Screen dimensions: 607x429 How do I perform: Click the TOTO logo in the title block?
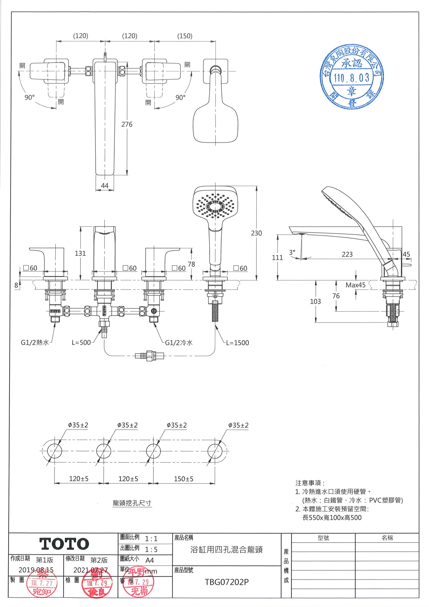point(64,544)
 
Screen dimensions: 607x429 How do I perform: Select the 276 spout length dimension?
point(127,124)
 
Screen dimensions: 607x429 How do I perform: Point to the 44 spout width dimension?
point(105,186)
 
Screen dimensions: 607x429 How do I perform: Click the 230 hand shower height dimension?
point(256,233)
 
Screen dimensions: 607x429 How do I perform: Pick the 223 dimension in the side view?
point(347,254)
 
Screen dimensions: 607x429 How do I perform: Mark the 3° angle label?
point(292,252)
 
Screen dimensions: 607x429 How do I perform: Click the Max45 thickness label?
point(356,285)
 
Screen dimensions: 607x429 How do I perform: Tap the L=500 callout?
point(81,343)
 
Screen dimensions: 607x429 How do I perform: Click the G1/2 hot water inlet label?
point(35,343)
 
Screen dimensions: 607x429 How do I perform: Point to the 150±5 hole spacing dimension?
point(183,479)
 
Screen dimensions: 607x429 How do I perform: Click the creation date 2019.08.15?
point(36,570)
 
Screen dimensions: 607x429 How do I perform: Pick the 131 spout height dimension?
point(80,253)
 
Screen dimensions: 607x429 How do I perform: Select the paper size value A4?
point(150,560)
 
